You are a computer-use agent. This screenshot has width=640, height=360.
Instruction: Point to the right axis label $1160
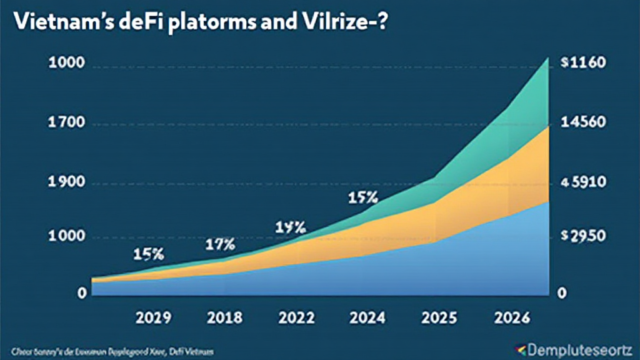(x=584, y=65)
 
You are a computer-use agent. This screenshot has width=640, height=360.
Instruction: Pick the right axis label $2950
(x=584, y=237)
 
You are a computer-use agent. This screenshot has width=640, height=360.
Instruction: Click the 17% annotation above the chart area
(x=219, y=244)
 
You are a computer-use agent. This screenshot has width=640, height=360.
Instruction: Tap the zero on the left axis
(x=82, y=293)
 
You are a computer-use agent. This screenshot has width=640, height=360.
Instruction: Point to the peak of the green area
(x=547, y=59)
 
